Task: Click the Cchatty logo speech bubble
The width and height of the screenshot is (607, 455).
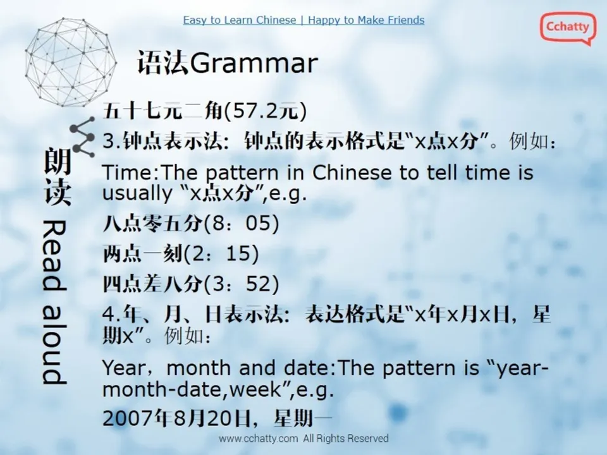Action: (567, 28)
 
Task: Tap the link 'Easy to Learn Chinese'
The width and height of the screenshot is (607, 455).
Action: (239, 20)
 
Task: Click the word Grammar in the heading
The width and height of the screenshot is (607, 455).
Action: (253, 64)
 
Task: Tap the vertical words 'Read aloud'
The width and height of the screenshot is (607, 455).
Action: (53, 302)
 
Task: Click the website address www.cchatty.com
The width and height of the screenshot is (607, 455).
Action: (258, 439)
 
